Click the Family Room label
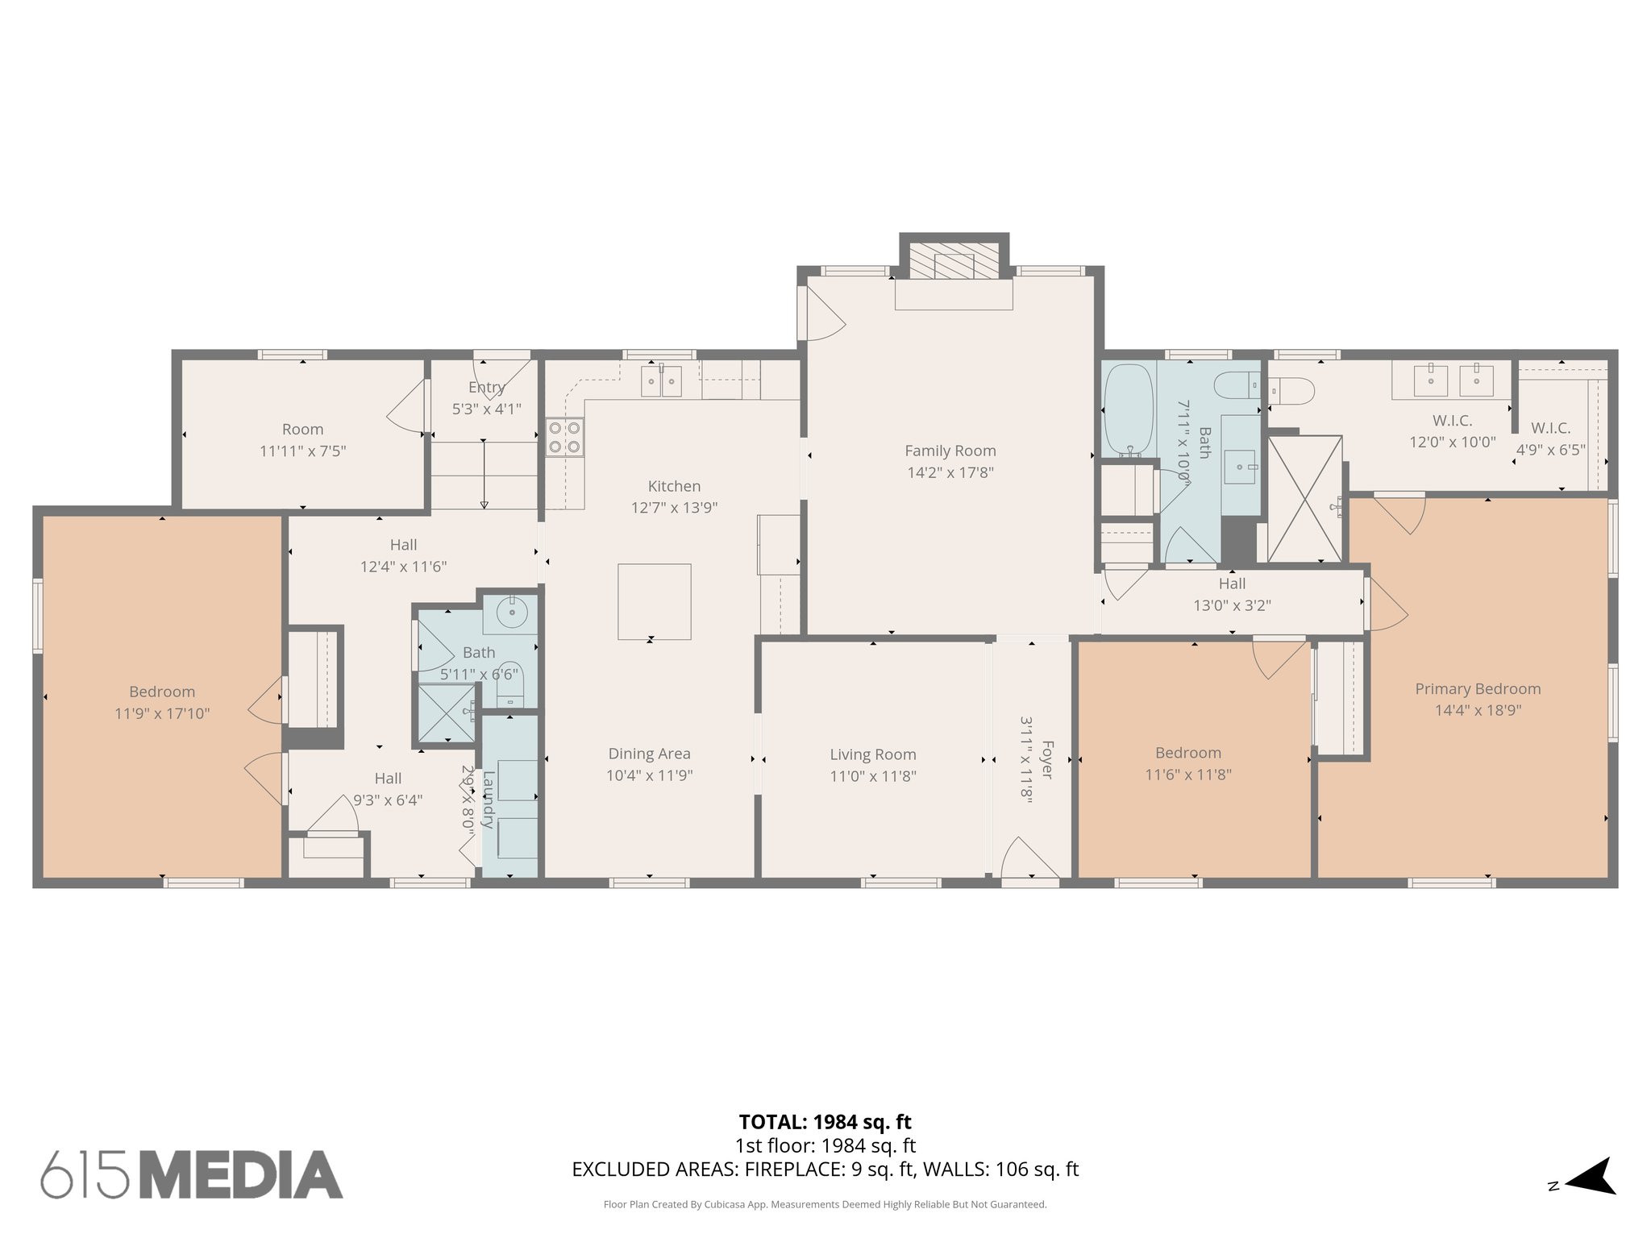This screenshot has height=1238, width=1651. (950, 451)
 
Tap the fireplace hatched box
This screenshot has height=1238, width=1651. (954, 262)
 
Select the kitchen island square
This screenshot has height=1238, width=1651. (654, 601)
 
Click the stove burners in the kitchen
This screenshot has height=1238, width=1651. (564, 438)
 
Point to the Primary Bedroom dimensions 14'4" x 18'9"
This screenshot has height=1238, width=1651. (1478, 710)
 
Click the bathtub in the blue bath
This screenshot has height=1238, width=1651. (1129, 409)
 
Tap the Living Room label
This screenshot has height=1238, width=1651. (873, 754)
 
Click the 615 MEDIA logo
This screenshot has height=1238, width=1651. (192, 1174)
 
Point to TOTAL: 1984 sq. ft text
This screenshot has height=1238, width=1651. (825, 1121)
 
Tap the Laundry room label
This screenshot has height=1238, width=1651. (488, 799)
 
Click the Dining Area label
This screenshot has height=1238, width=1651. (649, 754)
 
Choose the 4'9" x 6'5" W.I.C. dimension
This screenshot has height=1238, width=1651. (1550, 450)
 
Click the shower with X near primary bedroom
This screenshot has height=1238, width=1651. (1304, 498)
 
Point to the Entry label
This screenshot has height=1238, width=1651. (486, 388)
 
